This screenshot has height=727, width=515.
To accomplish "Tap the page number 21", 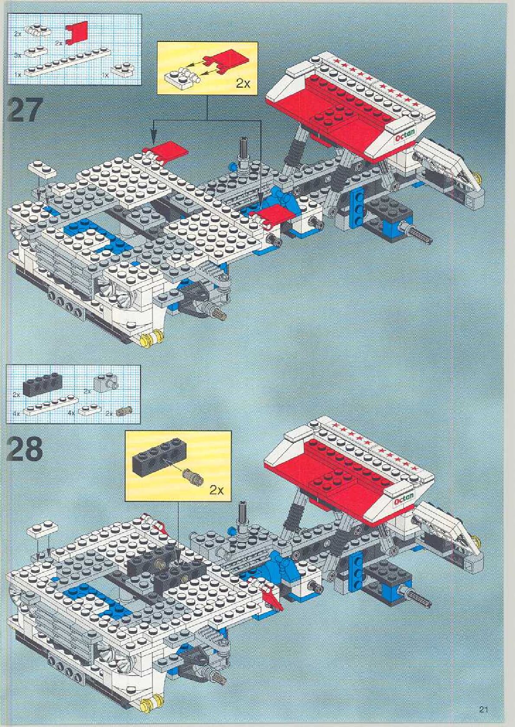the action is pos(483,709).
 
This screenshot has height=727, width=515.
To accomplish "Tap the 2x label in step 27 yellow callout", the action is pos(243,83).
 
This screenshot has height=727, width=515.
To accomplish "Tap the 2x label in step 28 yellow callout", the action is pos(216,490).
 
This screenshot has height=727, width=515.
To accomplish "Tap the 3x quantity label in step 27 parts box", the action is pos(17,55).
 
